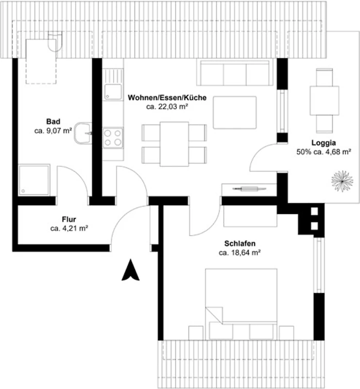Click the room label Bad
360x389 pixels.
53,122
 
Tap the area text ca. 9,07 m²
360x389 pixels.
53,131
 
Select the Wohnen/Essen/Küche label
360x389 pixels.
167,98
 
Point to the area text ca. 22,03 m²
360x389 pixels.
167,106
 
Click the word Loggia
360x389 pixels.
324,143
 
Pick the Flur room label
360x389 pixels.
69,219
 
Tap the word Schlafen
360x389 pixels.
240,244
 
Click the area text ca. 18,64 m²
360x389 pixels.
240,253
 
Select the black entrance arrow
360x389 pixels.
130,270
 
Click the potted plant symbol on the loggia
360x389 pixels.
342,181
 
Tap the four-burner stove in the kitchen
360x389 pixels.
113,138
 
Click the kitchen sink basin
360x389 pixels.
113,92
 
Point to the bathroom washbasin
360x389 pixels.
83,133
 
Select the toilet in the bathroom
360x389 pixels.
55,41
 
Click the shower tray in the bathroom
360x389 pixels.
34,179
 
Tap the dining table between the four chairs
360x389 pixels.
174,144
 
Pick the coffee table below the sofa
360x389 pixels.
235,113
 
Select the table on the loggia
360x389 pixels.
325,101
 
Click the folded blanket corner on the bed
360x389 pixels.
214,315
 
